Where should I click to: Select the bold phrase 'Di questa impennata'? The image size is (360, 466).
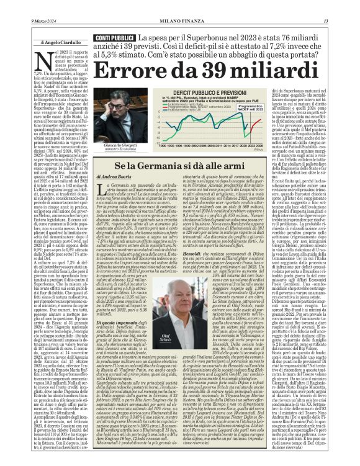point(117,289)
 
